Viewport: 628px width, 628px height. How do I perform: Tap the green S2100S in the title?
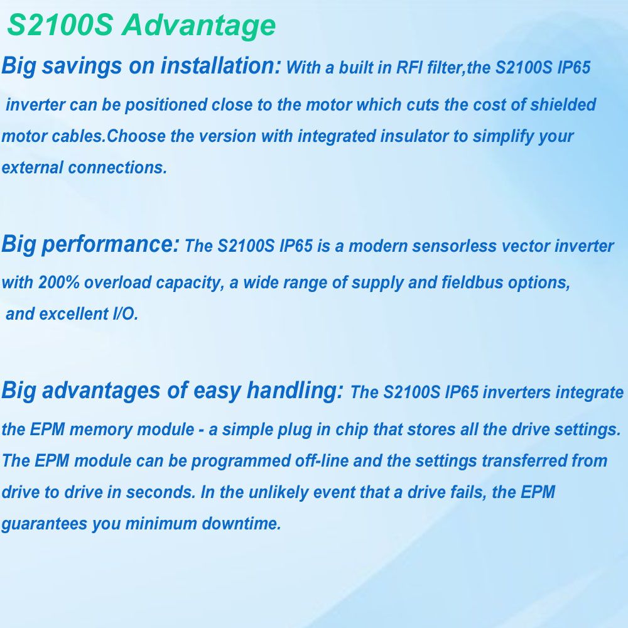tap(60, 25)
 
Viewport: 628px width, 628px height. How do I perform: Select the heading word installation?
tap(220, 65)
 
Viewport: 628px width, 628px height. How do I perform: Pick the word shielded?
tap(563, 104)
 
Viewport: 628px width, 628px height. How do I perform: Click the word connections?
tap(117, 168)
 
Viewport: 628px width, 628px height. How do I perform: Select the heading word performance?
tap(110, 245)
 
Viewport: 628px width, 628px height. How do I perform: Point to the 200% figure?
tap(59, 283)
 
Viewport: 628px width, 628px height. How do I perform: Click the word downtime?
tap(241, 524)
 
